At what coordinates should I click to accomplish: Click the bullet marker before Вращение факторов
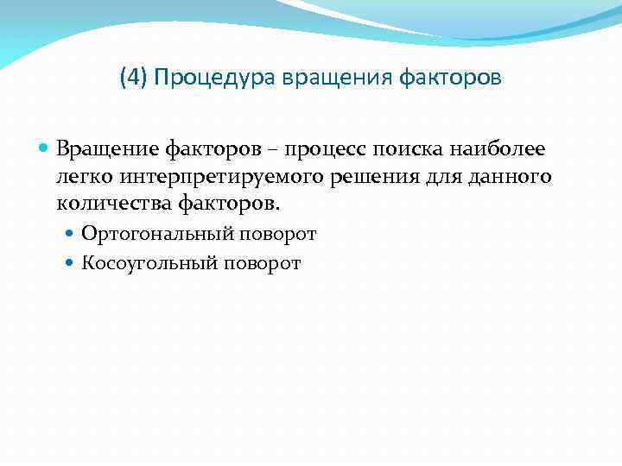point(45,149)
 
